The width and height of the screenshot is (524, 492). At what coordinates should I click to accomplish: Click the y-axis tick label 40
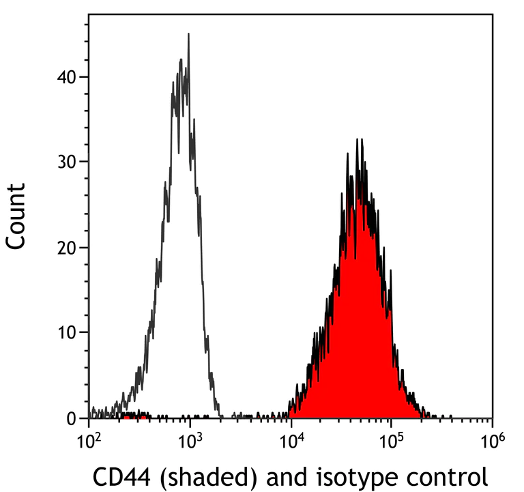[x=65, y=76]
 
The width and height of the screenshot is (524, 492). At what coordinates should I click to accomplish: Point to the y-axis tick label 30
[x=65, y=162]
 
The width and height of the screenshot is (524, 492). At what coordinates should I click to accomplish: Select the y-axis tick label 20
[x=65, y=247]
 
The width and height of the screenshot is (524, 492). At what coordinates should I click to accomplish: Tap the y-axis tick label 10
[x=65, y=332]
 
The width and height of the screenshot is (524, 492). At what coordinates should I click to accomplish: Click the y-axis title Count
[x=16, y=215]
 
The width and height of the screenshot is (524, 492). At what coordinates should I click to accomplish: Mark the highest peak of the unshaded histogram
[x=188, y=34]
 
